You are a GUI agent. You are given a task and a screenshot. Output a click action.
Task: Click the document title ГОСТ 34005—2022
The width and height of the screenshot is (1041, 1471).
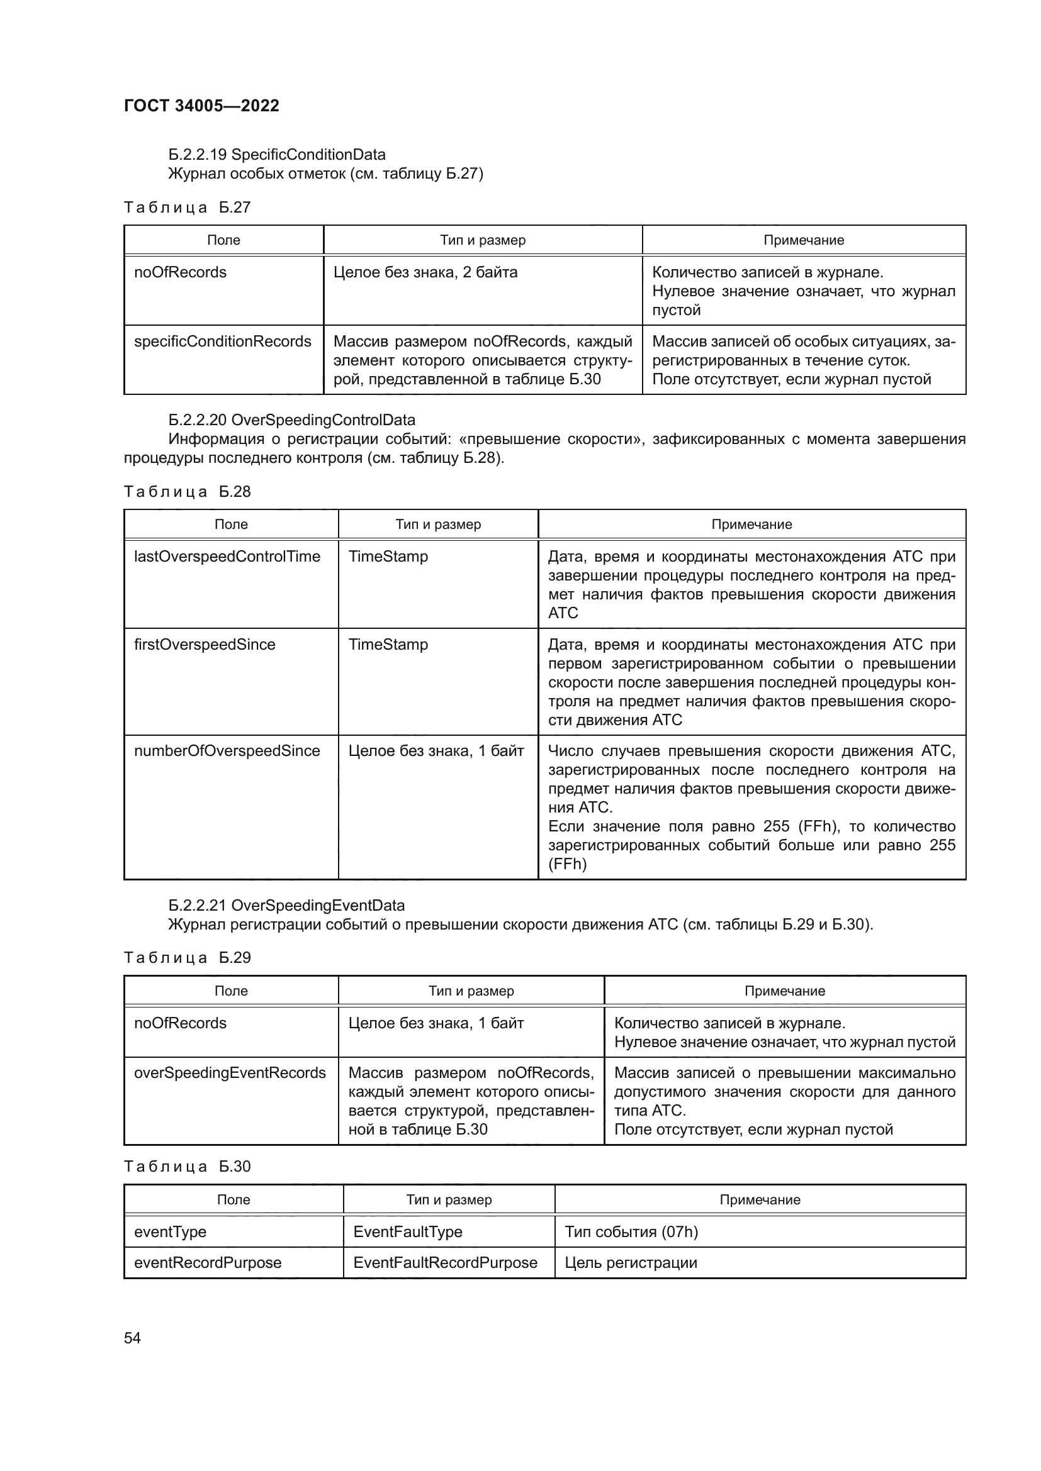pyautogui.click(x=201, y=106)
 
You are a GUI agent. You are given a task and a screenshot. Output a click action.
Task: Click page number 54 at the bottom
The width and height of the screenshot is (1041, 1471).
pyautogui.click(x=132, y=1338)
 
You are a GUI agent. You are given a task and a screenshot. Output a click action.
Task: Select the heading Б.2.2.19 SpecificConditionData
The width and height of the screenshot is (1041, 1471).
pyautogui.click(x=277, y=155)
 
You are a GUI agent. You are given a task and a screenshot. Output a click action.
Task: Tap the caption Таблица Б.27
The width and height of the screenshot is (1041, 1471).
pyautogui.click(x=187, y=208)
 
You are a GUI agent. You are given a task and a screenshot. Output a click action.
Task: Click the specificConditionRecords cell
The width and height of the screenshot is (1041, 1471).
pyautogui.click(x=222, y=341)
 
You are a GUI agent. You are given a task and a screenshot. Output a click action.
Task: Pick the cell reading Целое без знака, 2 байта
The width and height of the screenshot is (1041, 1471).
pyautogui.click(x=425, y=272)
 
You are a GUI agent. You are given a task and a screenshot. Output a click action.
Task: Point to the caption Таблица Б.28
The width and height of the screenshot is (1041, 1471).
pyautogui.click(x=187, y=492)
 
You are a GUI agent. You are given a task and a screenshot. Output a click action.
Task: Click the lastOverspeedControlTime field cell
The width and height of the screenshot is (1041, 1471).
pyautogui.click(x=227, y=557)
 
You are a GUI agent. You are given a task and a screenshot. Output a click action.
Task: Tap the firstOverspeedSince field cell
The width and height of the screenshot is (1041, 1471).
pyautogui.click(x=205, y=645)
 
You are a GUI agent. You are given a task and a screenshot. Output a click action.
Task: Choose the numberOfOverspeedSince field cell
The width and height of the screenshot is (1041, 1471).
pyautogui.click(x=227, y=751)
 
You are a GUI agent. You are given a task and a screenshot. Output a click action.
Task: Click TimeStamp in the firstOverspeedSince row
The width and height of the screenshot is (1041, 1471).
pyautogui.click(x=388, y=645)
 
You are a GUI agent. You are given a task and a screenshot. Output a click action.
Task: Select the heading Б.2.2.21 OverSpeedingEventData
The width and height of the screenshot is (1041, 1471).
pyautogui.click(x=286, y=906)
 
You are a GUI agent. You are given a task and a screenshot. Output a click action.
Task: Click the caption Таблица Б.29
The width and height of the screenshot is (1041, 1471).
pyautogui.click(x=187, y=958)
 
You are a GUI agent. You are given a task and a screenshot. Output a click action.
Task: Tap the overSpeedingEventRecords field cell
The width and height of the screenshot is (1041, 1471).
pyautogui.click(x=230, y=1073)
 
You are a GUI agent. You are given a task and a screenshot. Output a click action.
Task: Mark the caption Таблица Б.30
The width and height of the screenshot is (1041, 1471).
pyautogui.click(x=187, y=1167)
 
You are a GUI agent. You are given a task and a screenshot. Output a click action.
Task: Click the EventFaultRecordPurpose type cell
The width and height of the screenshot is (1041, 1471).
pyautogui.click(x=445, y=1263)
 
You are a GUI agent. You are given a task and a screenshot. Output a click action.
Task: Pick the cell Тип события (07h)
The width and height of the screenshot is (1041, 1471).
pyautogui.click(x=631, y=1232)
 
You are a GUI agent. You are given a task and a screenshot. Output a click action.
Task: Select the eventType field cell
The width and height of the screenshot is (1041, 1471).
pyautogui.click(x=170, y=1232)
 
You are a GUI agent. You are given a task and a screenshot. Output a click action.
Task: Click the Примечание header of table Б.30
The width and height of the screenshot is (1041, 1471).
pyautogui.click(x=760, y=1200)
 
